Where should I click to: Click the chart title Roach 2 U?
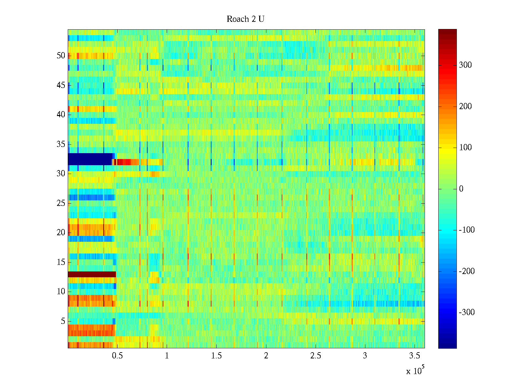(246, 19)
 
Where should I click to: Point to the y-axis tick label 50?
(61, 56)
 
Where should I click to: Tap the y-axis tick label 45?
(61, 85)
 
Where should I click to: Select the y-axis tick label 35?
(61, 144)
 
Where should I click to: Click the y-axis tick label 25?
(61, 203)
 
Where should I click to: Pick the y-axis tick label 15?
(61, 262)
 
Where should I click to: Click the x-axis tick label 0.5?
(117, 356)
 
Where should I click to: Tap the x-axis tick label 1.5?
(217, 356)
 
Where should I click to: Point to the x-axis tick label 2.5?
(316, 356)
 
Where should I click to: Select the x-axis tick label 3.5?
(415, 356)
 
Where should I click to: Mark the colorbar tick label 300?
(465, 65)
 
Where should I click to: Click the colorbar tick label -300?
(467, 312)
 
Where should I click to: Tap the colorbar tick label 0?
(461, 189)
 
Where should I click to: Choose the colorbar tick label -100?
(467, 230)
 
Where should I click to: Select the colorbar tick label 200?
(465, 107)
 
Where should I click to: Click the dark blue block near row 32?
(90, 159)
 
